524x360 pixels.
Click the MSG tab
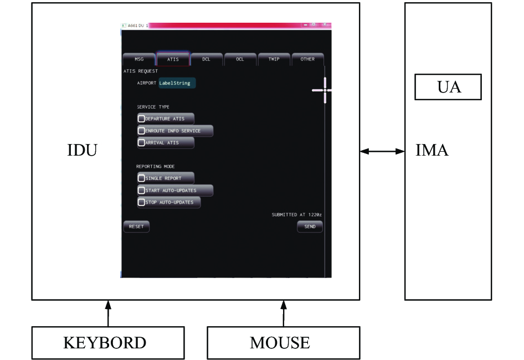pos(139,59)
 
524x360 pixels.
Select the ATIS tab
pos(173,59)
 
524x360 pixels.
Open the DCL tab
pos(206,59)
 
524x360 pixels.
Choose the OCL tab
pos(240,59)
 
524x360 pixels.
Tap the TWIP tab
pos(274,59)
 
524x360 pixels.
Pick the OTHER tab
pos(307,59)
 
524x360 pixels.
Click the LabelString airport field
pos(177,83)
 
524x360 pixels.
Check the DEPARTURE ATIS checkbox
pos(141,119)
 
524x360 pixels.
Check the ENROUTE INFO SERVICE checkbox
pos(141,131)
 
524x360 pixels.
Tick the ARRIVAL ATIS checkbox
pos(141,143)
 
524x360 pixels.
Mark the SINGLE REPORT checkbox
pos(141,178)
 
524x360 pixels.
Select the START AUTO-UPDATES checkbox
pos(141,190)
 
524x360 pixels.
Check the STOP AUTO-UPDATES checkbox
pos(141,202)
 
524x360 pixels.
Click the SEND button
pos(310,227)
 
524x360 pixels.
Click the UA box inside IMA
pos(448,87)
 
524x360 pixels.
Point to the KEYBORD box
pos(108,343)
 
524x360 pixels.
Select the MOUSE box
pos(284,343)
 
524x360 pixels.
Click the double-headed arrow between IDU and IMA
pos(382,151)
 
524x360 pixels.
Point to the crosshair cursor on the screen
pos(325,90)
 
